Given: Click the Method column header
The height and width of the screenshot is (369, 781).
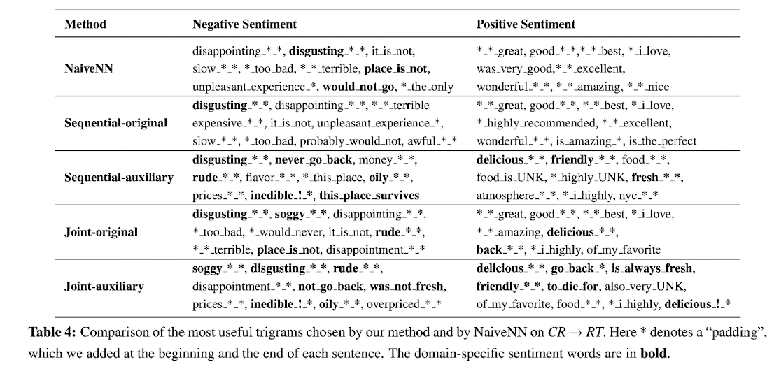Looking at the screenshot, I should coord(85,24).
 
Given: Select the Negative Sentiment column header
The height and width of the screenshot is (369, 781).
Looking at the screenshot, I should coord(244,24).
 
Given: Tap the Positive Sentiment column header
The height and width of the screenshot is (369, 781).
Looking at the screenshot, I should coord(526,24).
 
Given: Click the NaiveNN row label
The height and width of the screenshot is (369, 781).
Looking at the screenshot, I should coord(87,68).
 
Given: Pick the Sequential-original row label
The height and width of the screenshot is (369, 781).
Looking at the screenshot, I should coord(116,123).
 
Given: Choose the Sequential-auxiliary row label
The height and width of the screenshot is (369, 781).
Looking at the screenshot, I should coord(119,177).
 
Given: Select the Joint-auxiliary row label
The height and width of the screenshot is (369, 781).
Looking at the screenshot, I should coord(104,286).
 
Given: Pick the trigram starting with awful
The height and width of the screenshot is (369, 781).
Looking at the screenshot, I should coord(437,140).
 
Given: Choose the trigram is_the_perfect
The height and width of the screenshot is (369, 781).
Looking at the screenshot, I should coord(660,140).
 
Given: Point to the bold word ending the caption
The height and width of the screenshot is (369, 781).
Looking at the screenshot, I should coord(654,353).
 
